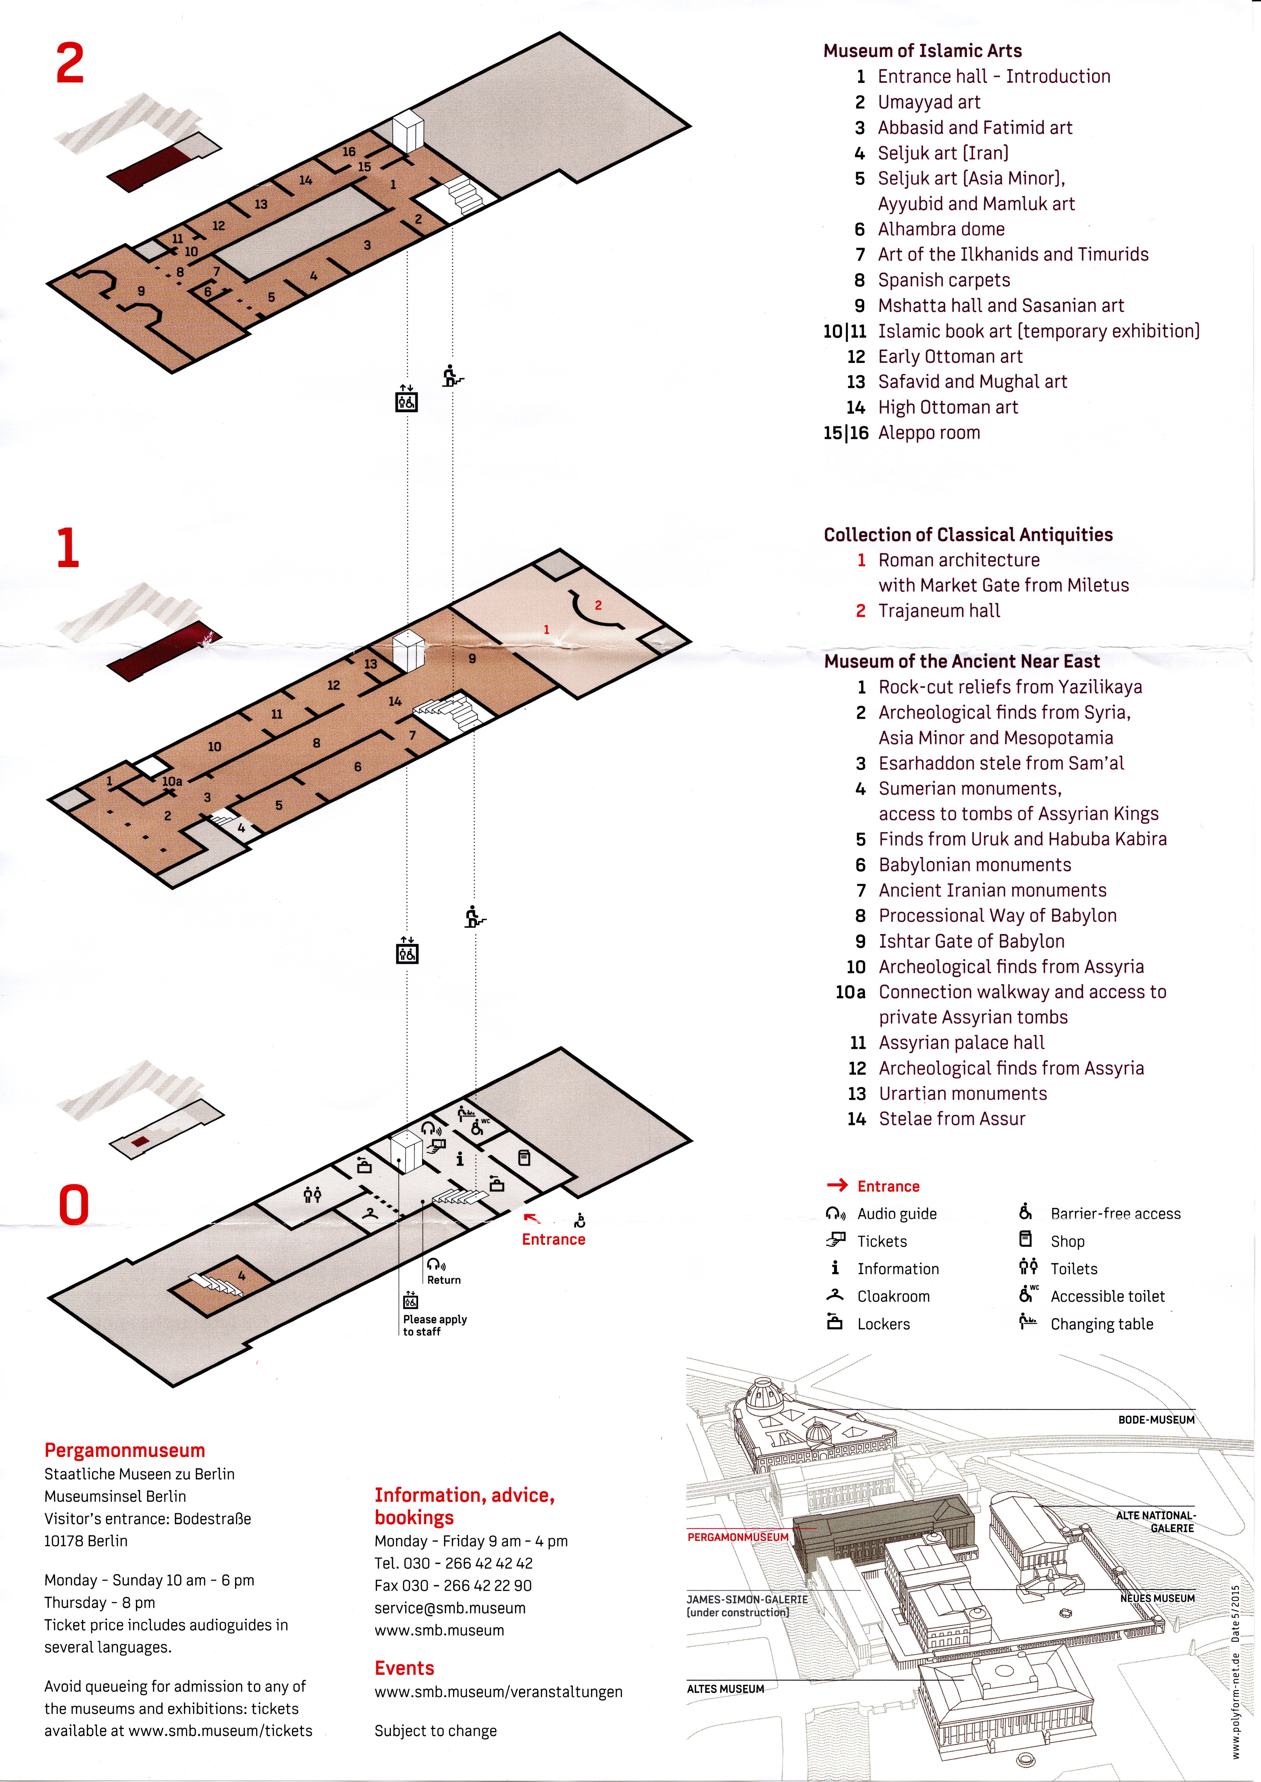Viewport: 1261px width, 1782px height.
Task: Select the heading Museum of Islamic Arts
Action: pyautogui.click(x=922, y=51)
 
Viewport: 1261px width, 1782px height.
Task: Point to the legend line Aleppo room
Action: pyautogui.click(x=929, y=432)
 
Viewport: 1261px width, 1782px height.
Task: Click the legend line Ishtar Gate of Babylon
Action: pyautogui.click(x=971, y=941)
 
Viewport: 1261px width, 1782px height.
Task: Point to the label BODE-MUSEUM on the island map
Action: pyautogui.click(x=1156, y=1419)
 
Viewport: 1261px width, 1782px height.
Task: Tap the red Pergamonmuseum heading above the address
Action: pyautogui.click(x=124, y=1450)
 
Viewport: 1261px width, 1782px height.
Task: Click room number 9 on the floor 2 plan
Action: pyautogui.click(x=141, y=291)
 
